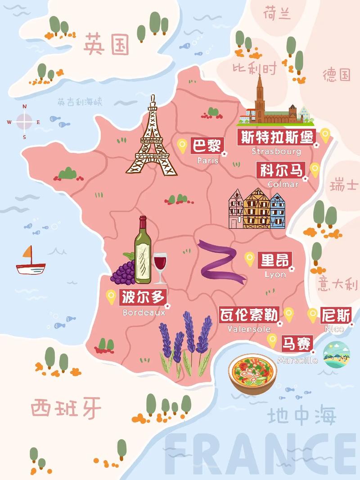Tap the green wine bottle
(x=143, y=252)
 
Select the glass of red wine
(x=160, y=266)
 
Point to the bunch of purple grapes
(x=123, y=271)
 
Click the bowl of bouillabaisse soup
(x=251, y=373)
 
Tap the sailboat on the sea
(x=30, y=262)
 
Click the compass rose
(x=24, y=121)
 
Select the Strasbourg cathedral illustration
(x=270, y=106)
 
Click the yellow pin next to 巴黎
(x=182, y=145)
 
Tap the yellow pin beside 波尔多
(x=111, y=296)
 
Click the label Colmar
(x=283, y=184)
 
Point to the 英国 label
(x=106, y=44)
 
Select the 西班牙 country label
(x=66, y=408)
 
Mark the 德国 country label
(x=336, y=75)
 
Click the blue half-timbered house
(x=277, y=211)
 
